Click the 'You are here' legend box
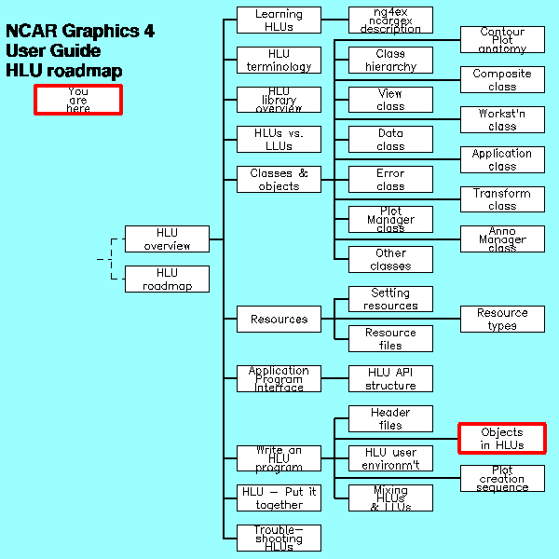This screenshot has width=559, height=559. (78, 100)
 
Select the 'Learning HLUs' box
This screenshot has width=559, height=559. (279, 20)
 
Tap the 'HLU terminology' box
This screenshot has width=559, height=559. (279, 60)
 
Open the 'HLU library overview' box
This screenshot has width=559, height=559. (279, 100)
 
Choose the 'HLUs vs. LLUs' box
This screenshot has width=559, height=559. (279, 140)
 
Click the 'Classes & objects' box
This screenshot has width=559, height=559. (279, 179)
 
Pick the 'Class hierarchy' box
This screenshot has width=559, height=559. (390, 60)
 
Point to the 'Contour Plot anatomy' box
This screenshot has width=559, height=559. (502, 40)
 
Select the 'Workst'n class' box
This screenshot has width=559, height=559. (502, 119)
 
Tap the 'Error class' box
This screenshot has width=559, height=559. (390, 179)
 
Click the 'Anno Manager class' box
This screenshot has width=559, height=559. (502, 239)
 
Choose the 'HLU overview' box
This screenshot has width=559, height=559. (167, 239)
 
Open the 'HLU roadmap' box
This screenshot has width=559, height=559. (167, 279)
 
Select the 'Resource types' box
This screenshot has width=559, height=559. (502, 319)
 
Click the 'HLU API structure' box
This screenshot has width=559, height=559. (390, 378)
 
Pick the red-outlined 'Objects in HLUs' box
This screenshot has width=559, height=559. (502, 438)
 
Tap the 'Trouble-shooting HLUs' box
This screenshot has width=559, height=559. (279, 538)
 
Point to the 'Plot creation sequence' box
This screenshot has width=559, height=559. (502, 478)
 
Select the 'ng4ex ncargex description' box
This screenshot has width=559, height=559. (390, 20)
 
